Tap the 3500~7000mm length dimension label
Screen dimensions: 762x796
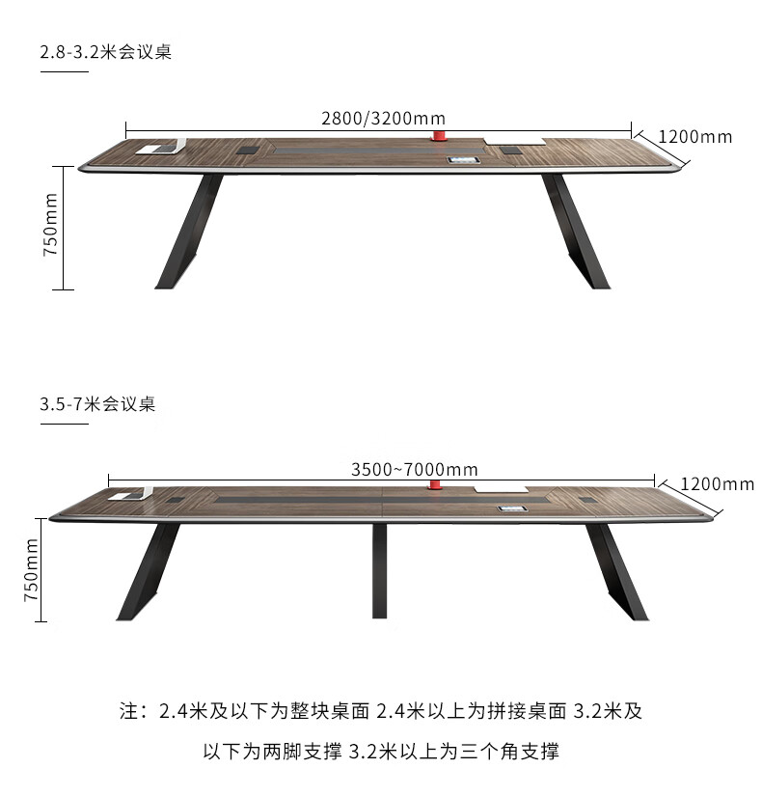pos(415,470)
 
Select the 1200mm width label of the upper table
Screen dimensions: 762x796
pos(695,137)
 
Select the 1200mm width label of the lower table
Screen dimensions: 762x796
pos(718,483)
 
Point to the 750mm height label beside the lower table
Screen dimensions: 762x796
pos(32,568)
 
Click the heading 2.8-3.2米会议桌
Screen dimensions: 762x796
pos(106,52)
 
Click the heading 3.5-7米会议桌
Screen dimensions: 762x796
pos(97,403)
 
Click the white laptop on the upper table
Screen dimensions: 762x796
pos(161,149)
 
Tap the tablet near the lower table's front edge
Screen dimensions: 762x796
pos(508,508)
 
